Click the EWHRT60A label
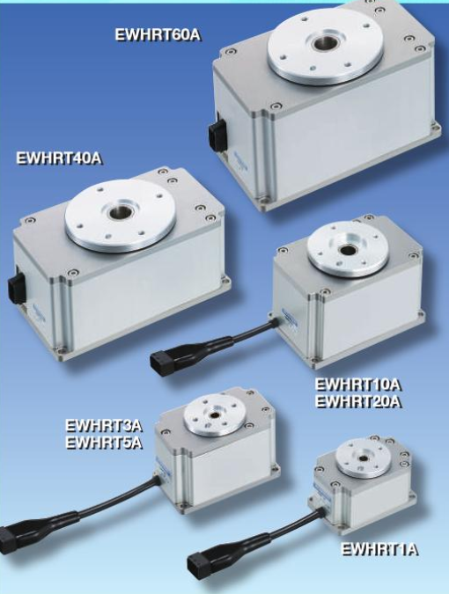(x=158, y=35)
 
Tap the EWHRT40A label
(x=59, y=158)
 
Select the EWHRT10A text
(x=358, y=385)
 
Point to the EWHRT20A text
(x=358, y=401)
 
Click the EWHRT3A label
(x=104, y=425)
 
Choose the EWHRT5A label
(x=104, y=443)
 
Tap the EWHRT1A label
(x=379, y=549)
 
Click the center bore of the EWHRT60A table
(x=323, y=43)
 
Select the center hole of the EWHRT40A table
(x=118, y=213)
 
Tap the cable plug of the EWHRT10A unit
(x=164, y=363)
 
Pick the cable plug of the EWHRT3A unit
(x=10, y=539)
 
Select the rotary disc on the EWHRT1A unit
(x=363, y=458)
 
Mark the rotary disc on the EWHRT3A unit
(x=215, y=415)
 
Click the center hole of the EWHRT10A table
(x=346, y=250)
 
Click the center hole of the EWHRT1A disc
(x=363, y=458)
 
